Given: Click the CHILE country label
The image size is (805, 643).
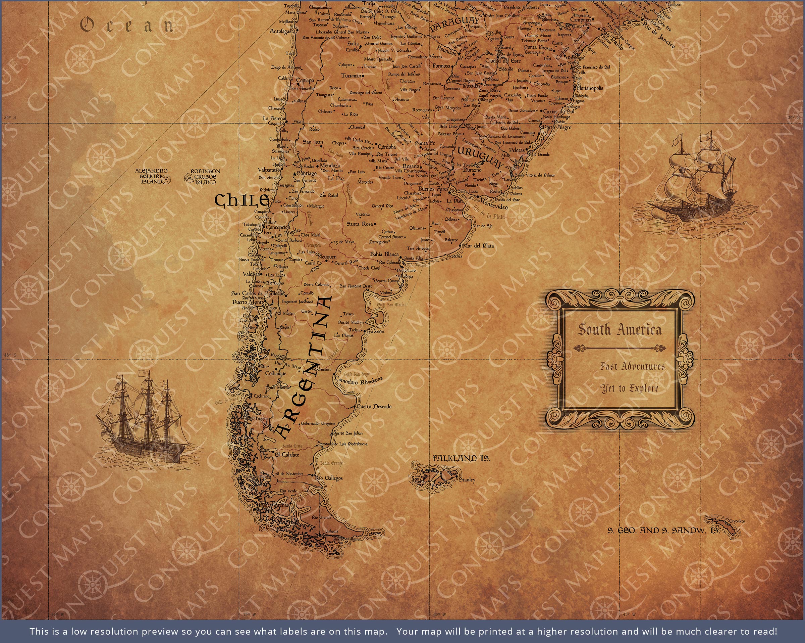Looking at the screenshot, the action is coord(241,200).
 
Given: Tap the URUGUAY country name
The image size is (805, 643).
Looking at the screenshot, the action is coord(480,157).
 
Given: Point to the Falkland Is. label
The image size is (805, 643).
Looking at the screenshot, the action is coord(462,458).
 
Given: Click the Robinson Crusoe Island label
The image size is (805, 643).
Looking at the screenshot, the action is coord(205,177).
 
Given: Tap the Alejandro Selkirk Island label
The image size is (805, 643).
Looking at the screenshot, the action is coord(151,176).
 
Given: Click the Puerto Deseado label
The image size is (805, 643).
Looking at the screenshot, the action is coord(374,406).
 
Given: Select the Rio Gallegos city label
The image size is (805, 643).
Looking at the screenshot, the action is coord(329,478).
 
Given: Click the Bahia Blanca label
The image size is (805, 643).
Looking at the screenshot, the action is coord(384,254).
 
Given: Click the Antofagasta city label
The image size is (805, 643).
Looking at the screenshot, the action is coord(283,32).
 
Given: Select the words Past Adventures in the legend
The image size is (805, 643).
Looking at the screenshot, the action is coord(633,366).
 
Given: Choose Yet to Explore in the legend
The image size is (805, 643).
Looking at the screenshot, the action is coord(630,388).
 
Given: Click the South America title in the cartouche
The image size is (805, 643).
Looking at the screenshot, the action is coord(620,330).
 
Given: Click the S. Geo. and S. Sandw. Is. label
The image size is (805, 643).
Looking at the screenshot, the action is coord(663,531).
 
